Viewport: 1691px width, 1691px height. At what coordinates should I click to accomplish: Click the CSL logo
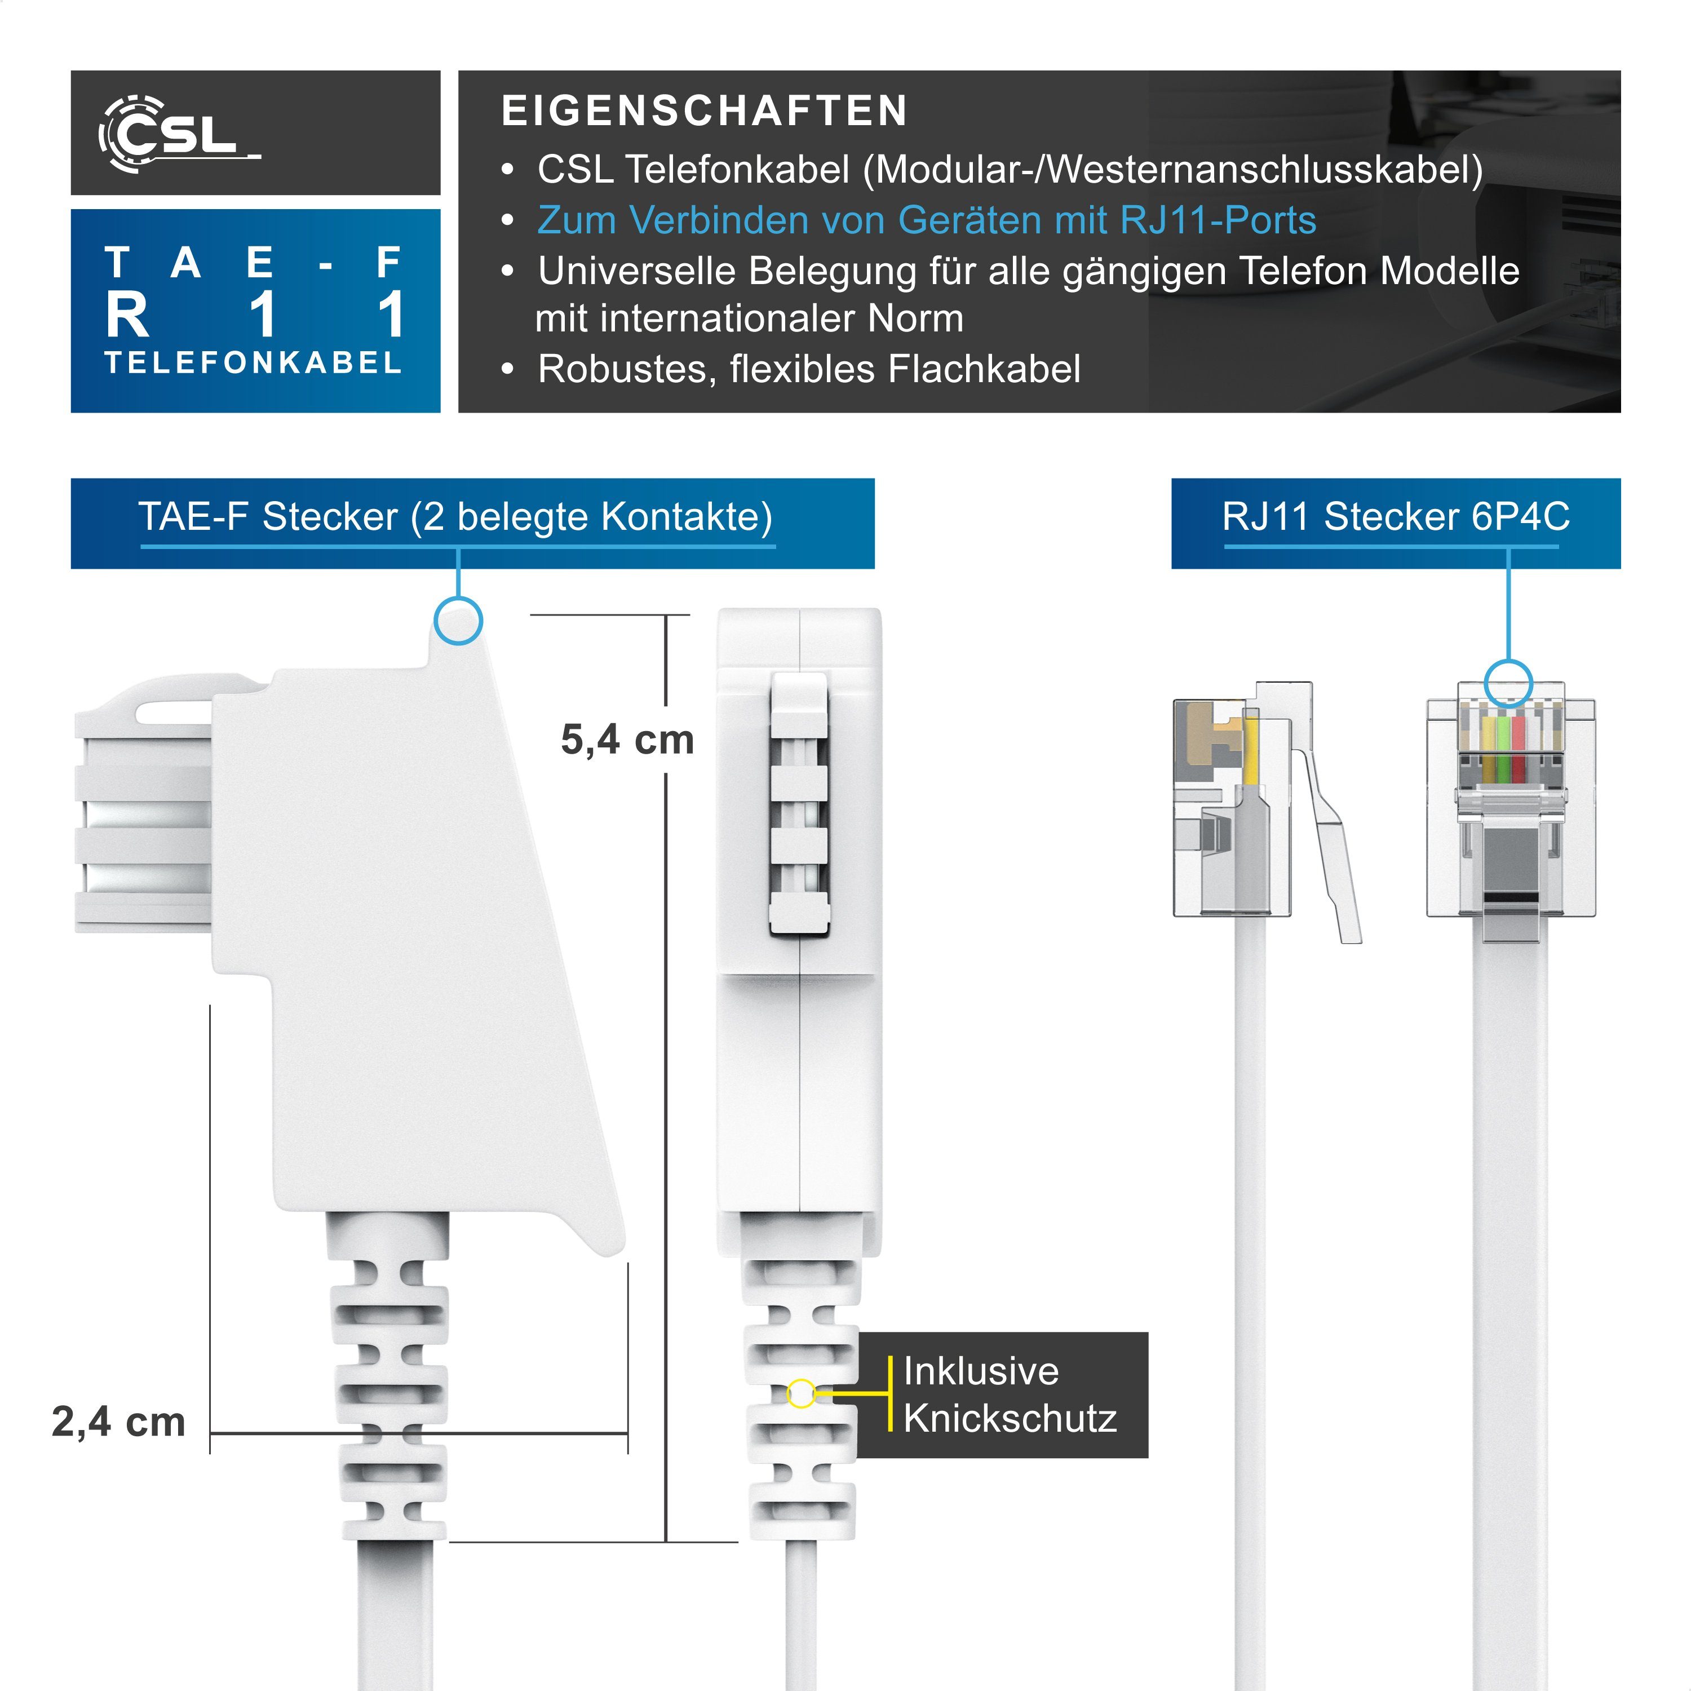pos(179,134)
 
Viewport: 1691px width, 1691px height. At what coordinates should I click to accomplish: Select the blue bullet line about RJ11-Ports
pos(926,220)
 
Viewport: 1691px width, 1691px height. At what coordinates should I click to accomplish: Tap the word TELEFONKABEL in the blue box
pos(254,362)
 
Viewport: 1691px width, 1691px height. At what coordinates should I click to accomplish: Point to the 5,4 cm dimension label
pos(627,740)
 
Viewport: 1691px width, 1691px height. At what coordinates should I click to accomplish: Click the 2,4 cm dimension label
pos(118,1422)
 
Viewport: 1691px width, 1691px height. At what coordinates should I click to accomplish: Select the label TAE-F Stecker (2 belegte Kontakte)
pos(455,516)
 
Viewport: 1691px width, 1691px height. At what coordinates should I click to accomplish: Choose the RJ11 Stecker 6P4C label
pos(1395,516)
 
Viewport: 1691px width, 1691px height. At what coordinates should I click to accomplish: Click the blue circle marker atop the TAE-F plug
pos(458,621)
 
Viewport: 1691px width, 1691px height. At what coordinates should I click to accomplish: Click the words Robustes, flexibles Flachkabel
pos(809,369)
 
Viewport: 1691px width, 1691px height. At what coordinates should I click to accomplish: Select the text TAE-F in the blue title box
pos(254,263)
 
